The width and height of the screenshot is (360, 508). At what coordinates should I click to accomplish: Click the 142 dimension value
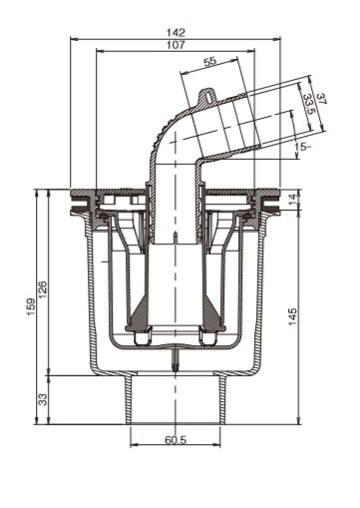[176, 33]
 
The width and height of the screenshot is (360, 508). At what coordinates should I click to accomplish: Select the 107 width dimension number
[176, 45]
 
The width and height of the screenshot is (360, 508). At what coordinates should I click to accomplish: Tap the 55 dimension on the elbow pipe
[210, 62]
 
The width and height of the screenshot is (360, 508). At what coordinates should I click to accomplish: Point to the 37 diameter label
[321, 99]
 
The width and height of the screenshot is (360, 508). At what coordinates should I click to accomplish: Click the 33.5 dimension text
[308, 104]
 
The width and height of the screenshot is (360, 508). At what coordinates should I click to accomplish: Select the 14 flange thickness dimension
[291, 200]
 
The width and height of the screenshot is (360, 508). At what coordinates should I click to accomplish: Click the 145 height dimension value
[292, 316]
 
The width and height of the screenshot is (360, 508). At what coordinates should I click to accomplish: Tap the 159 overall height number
[31, 306]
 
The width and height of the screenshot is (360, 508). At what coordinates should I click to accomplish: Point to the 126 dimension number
[43, 289]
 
